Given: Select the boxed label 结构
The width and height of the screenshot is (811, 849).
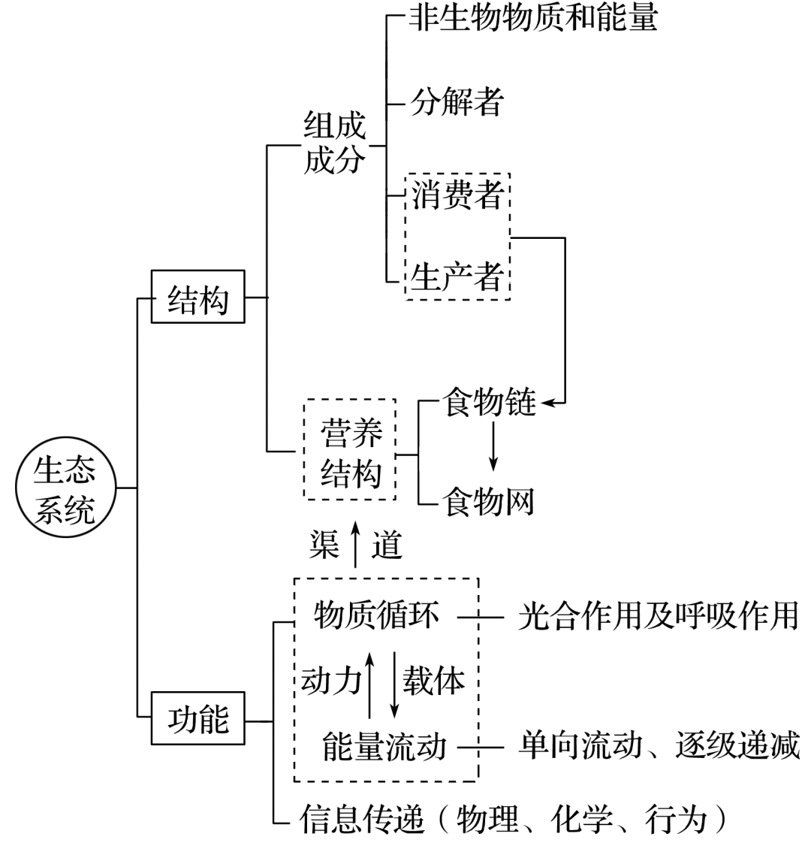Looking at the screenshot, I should click(197, 297).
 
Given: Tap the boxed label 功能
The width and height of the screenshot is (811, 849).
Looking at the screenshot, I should click(197, 720).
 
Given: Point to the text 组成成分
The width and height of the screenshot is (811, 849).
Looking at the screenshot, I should click(335, 143).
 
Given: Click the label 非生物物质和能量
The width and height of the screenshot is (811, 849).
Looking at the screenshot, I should click(533, 18).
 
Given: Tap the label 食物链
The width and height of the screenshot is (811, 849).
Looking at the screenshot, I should click(489, 403).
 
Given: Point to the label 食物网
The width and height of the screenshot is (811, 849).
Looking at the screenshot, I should click(489, 501).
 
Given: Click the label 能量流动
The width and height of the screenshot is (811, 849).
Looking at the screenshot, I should click(384, 747).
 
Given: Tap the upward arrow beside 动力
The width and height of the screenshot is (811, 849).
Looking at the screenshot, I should click(369, 684).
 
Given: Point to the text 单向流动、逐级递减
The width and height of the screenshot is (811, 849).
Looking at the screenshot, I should click(658, 747).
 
